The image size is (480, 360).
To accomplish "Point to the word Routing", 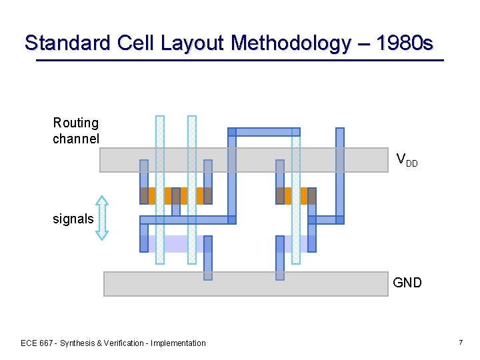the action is [76, 123].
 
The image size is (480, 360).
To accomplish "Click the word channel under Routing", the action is [76, 139].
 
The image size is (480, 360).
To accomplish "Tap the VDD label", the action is [407, 159].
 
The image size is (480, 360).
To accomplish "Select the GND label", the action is [407, 283].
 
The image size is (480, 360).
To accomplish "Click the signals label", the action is [73, 219].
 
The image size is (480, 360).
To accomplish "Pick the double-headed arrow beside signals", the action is [101, 217].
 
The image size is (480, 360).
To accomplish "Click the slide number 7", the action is [461, 342].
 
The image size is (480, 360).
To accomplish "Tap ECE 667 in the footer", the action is [38, 343].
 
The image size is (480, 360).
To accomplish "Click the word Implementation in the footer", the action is [179, 343].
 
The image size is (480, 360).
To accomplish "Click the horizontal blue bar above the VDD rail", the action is [264, 132].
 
